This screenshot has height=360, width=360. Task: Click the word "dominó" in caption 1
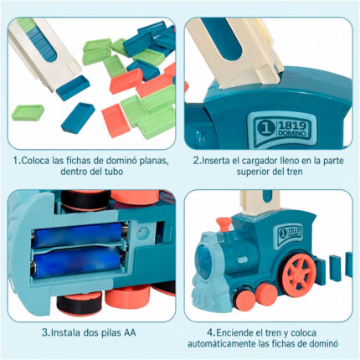(122, 161)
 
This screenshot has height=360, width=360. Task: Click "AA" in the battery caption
(129, 332)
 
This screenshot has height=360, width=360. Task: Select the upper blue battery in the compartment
(77, 235)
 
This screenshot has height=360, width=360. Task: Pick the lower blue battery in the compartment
(77, 263)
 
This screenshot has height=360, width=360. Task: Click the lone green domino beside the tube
(28, 112)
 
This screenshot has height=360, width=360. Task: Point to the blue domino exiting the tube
(73, 87)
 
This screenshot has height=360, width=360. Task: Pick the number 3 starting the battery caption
(45, 332)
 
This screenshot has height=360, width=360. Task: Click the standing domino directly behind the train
(321, 271)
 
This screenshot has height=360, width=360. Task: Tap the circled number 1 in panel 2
(264, 128)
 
